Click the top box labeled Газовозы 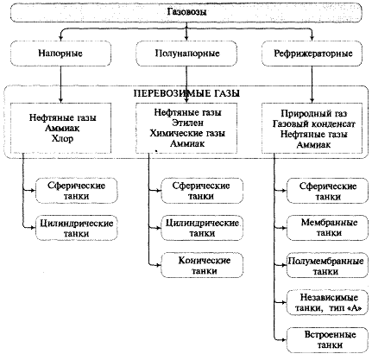point(186,12)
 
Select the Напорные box point(60,54)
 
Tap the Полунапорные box point(186,54)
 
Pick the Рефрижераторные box point(312,54)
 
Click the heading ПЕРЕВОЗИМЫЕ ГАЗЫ point(186,93)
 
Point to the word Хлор point(62,138)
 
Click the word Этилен point(187,123)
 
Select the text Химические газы point(187,133)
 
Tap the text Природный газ point(313,114)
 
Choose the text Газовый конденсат point(313,124)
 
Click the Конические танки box point(202,265)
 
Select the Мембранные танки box point(327,228)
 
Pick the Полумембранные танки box point(327,265)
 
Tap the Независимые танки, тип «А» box point(327,303)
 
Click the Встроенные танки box point(327,340)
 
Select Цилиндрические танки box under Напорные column point(77,228)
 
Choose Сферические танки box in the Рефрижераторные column point(327,191)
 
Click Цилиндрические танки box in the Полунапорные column point(202,228)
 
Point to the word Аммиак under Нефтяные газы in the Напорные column point(62,128)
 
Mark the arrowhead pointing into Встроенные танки point(284,340)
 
